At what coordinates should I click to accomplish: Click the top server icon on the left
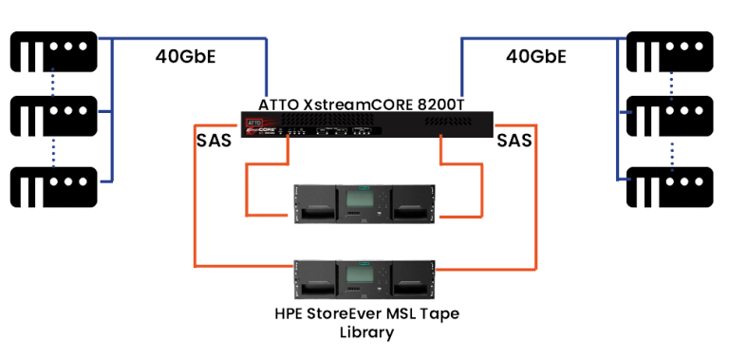click(x=52, y=51)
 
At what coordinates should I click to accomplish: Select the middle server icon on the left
click(x=52, y=116)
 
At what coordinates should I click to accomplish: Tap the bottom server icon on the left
click(x=52, y=180)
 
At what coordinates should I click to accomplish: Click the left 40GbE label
click(x=186, y=57)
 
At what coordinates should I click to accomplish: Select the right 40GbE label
click(x=536, y=57)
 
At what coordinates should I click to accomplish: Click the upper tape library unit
click(x=364, y=204)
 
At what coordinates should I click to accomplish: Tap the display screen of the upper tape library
click(x=364, y=199)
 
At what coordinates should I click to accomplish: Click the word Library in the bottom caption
click(x=364, y=334)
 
